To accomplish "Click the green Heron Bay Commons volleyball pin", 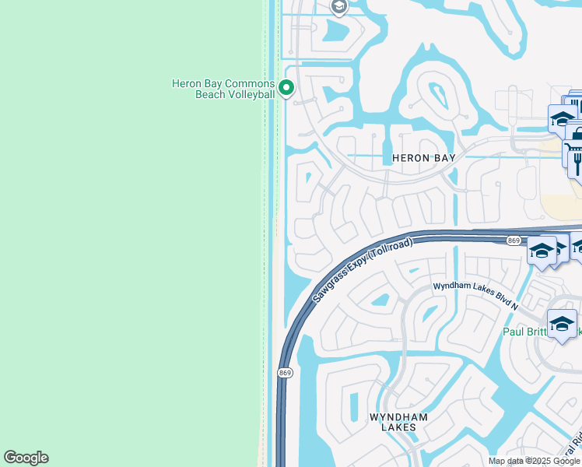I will (x=286, y=88).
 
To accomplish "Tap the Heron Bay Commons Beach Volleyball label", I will (x=223, y=89).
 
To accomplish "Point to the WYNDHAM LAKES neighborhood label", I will (x=398, y=422).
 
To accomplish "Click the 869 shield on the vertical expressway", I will (x=285, y=374).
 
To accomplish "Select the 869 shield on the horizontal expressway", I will (x=513, y=241).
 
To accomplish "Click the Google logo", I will (x=26, y=458).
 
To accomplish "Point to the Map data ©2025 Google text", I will (x=533, y=461).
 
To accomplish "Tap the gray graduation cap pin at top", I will (x=338, y=6).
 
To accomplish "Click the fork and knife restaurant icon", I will (x=577, y=161).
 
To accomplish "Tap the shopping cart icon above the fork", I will (x=572, y=149).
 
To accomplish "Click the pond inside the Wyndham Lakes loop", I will (x=380, y=300).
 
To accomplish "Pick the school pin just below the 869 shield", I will (x=542, y=251).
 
